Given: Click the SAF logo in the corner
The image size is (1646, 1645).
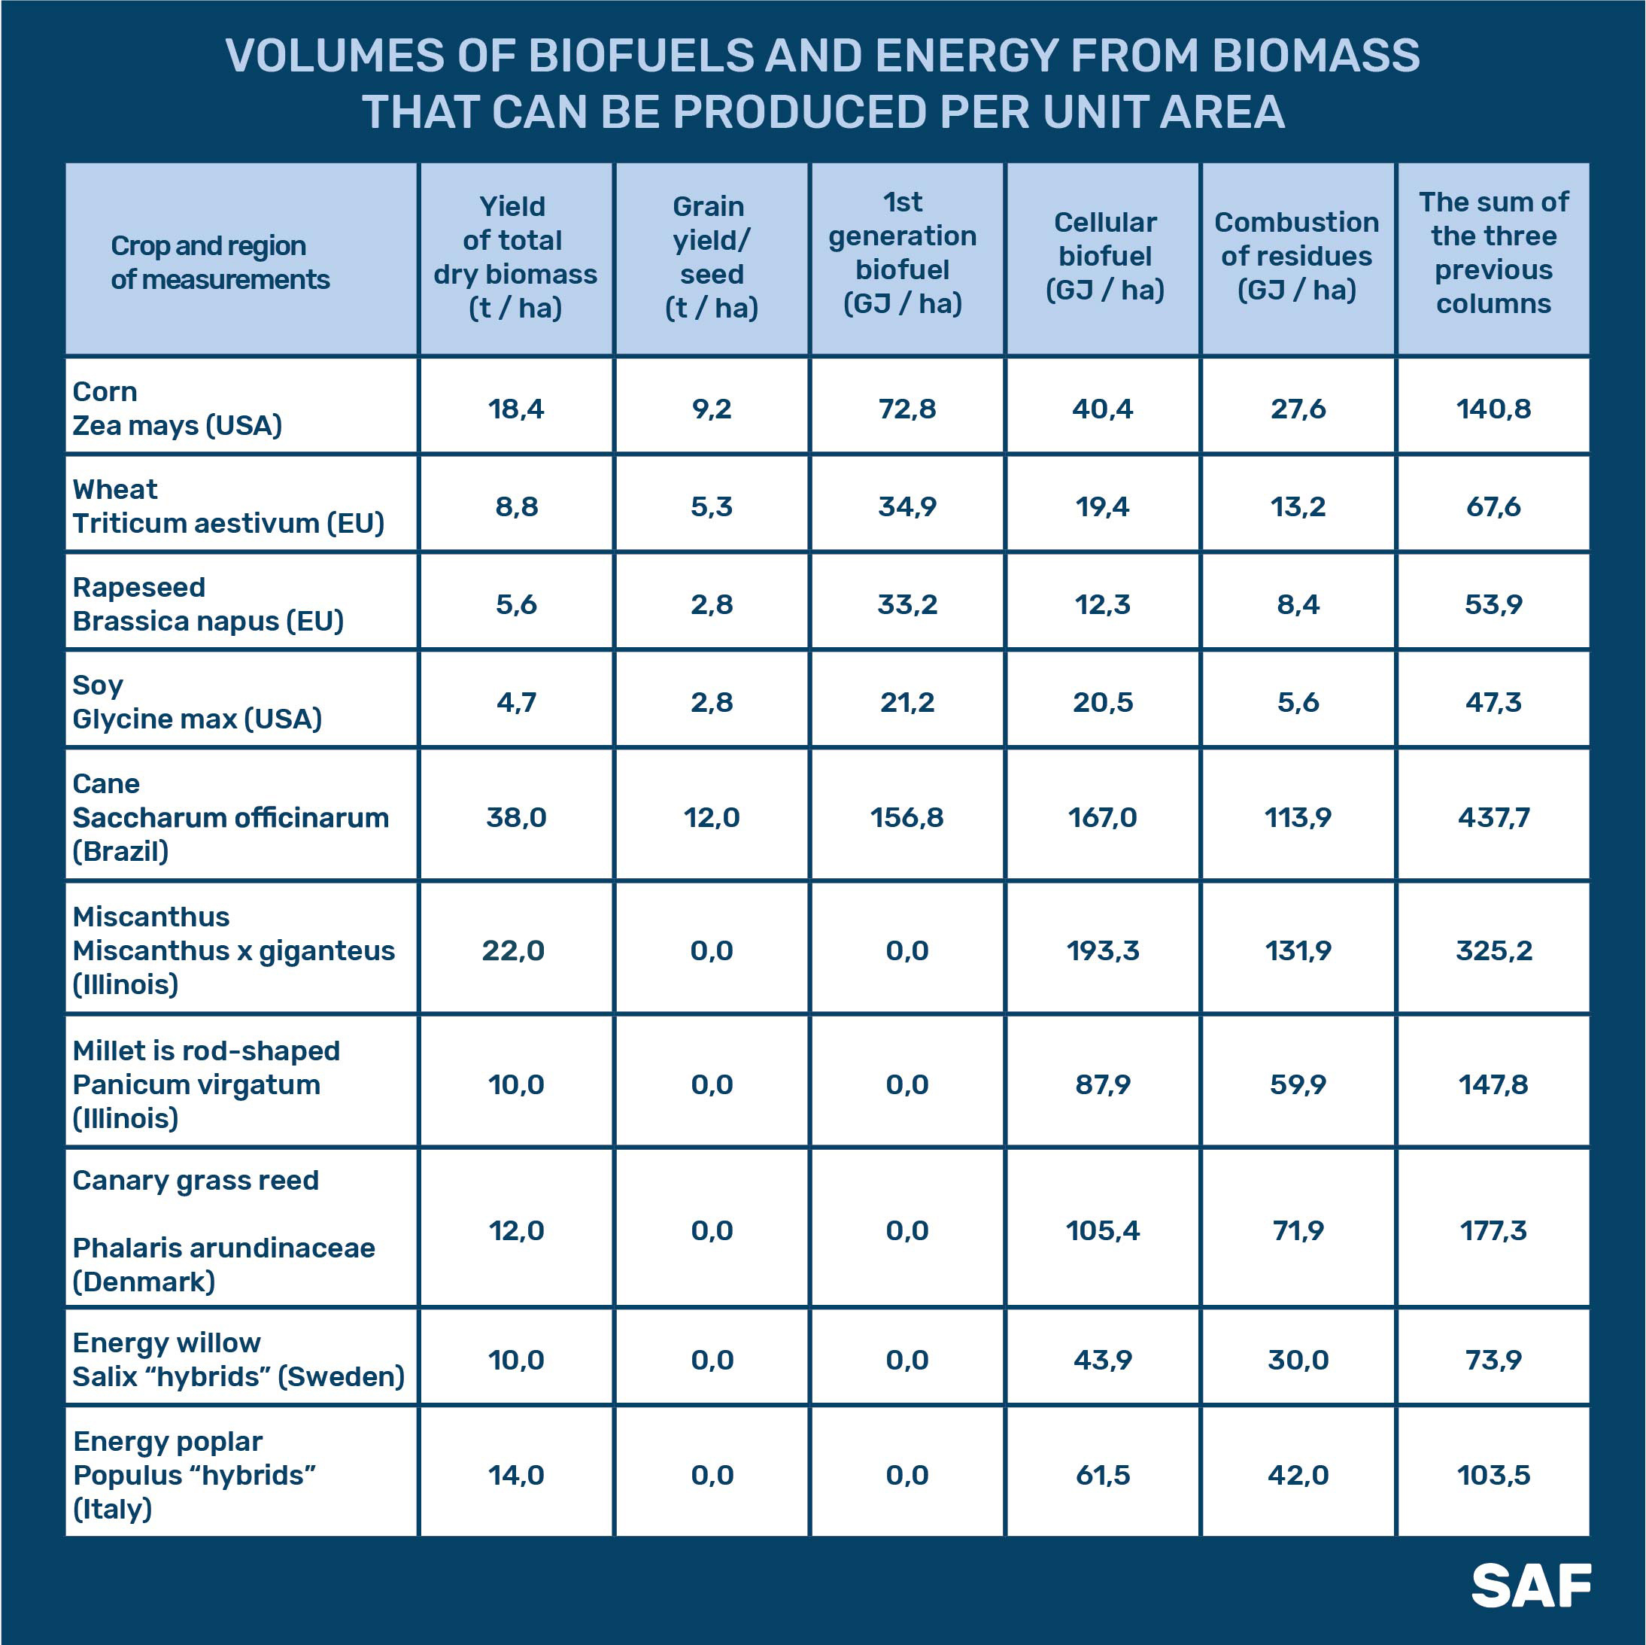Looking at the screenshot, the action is tap(1530, 1585).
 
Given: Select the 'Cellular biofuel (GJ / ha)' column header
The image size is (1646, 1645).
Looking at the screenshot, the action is tap(1104, 256).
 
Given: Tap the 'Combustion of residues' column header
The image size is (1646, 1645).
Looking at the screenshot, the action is tap(1296, 256).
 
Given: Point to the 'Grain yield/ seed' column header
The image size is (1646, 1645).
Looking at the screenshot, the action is tap(712, 257).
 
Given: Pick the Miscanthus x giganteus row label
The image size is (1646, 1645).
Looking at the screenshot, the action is tap(233, 950).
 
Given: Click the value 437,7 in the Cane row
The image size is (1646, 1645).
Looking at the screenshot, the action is tap(1493, 817).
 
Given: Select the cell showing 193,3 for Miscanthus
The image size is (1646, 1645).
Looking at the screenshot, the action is tap(1102, 950).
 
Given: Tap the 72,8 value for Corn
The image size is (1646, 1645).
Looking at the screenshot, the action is tap(907, 409).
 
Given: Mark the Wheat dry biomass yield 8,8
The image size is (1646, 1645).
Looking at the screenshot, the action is tap(516, 507).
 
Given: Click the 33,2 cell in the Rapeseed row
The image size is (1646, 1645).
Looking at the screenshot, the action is tap(907, 604).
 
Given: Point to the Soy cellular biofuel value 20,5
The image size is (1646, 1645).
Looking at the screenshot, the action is tap(1102, 702).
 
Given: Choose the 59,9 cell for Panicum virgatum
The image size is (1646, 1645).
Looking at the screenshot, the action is tap(1298, 1084).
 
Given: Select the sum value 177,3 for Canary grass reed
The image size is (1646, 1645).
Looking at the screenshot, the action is tap(1493, 1230).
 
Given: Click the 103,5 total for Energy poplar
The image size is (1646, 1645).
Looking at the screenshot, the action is tap(1493, 1474).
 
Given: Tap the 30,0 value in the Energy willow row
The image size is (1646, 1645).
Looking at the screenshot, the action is tap(1298, 1360).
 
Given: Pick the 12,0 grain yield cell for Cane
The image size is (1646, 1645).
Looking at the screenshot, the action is tap(712, 817).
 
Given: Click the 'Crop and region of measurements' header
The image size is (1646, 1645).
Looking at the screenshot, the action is tap(220, 263).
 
